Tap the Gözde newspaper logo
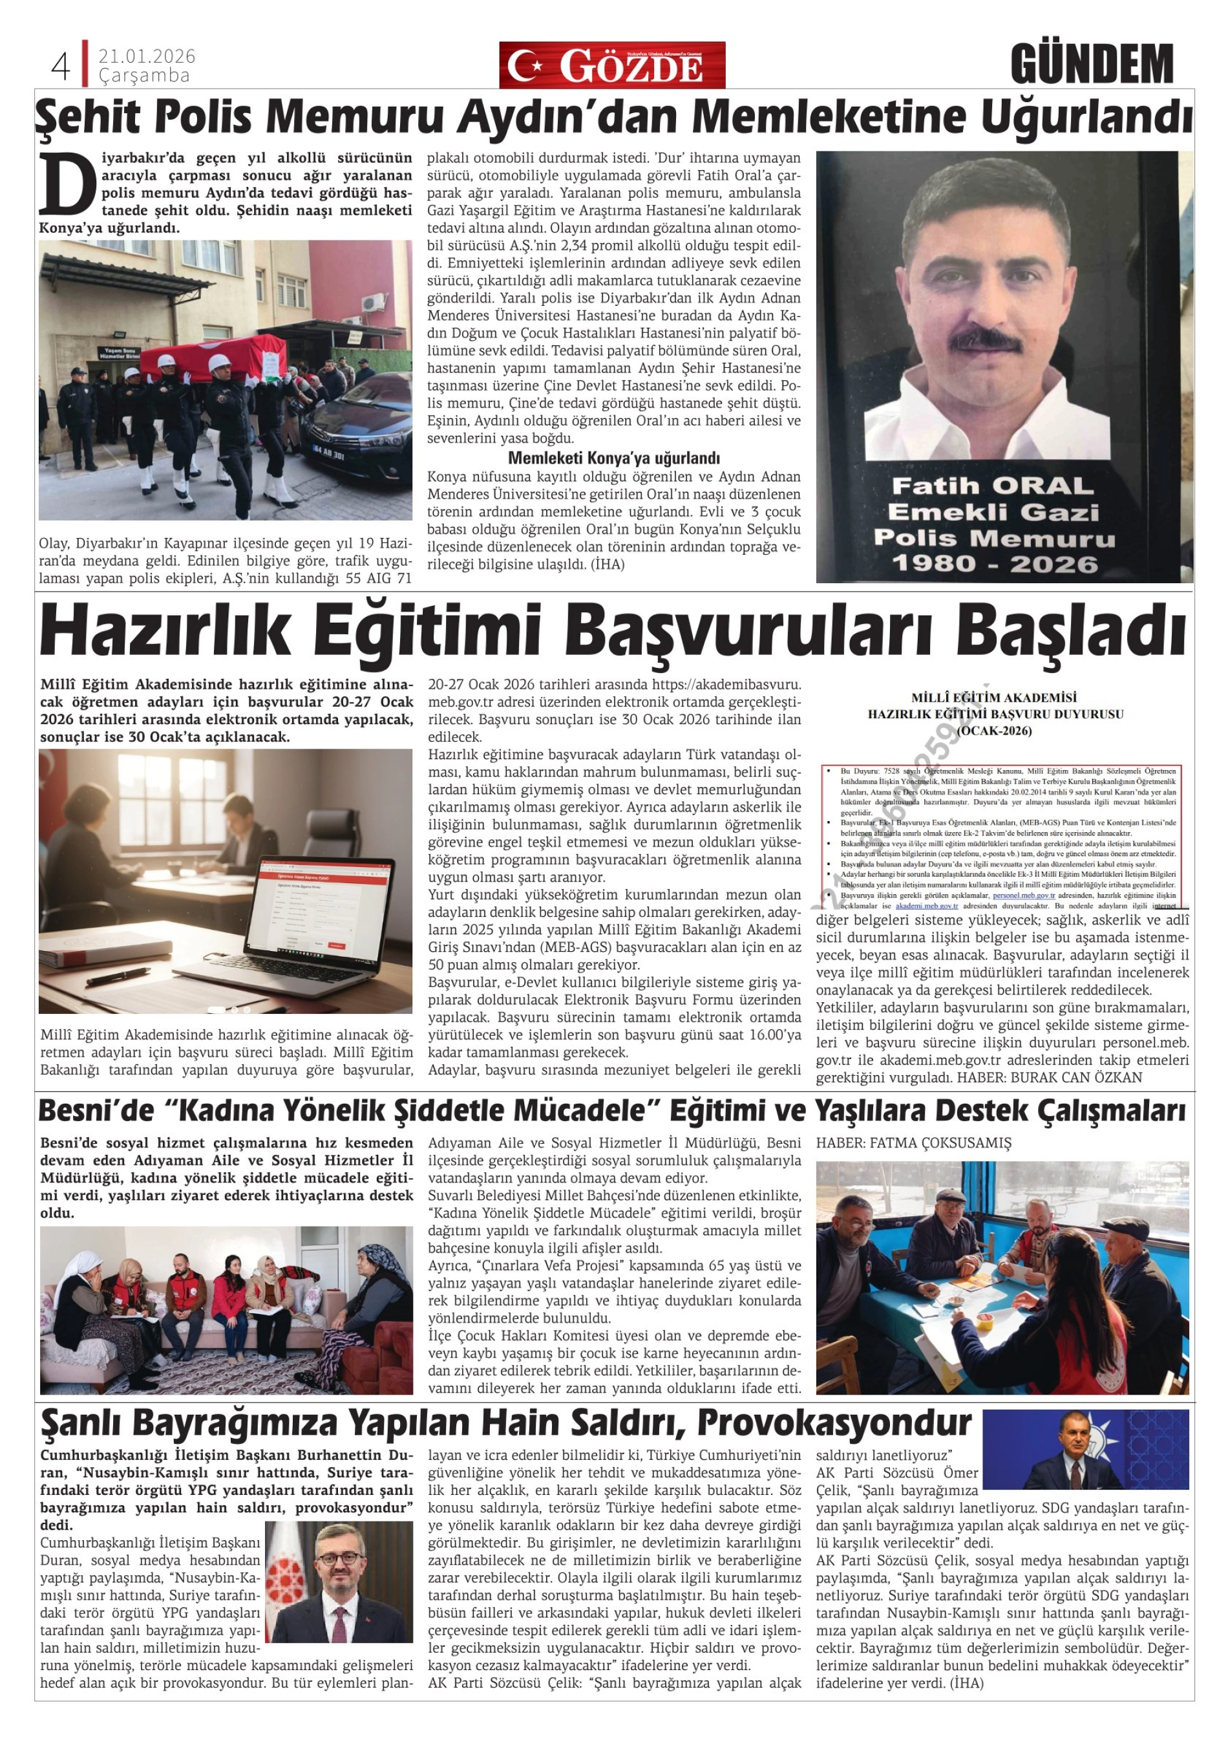coord(611,66)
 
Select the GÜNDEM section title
coord(1091,65)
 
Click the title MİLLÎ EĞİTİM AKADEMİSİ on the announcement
coord(994,697)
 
